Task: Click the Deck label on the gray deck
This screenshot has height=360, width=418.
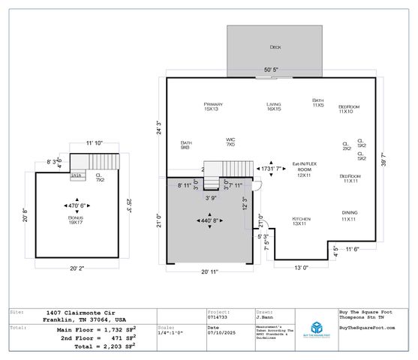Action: coord(275,46)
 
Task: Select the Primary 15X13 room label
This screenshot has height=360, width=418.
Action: coord(212,106)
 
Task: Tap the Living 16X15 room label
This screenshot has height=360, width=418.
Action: coord(274,106)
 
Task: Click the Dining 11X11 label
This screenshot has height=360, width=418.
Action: coord(349,216)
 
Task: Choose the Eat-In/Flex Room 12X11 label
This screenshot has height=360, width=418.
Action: coord(303,172)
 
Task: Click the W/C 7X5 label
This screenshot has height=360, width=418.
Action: coord(231,142)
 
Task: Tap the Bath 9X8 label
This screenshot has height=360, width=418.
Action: coord(185,145)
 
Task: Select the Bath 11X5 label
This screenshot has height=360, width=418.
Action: coord(318,103)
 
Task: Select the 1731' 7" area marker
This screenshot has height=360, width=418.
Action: coord(275,169)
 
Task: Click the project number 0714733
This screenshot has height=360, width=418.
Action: coord(218,316)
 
